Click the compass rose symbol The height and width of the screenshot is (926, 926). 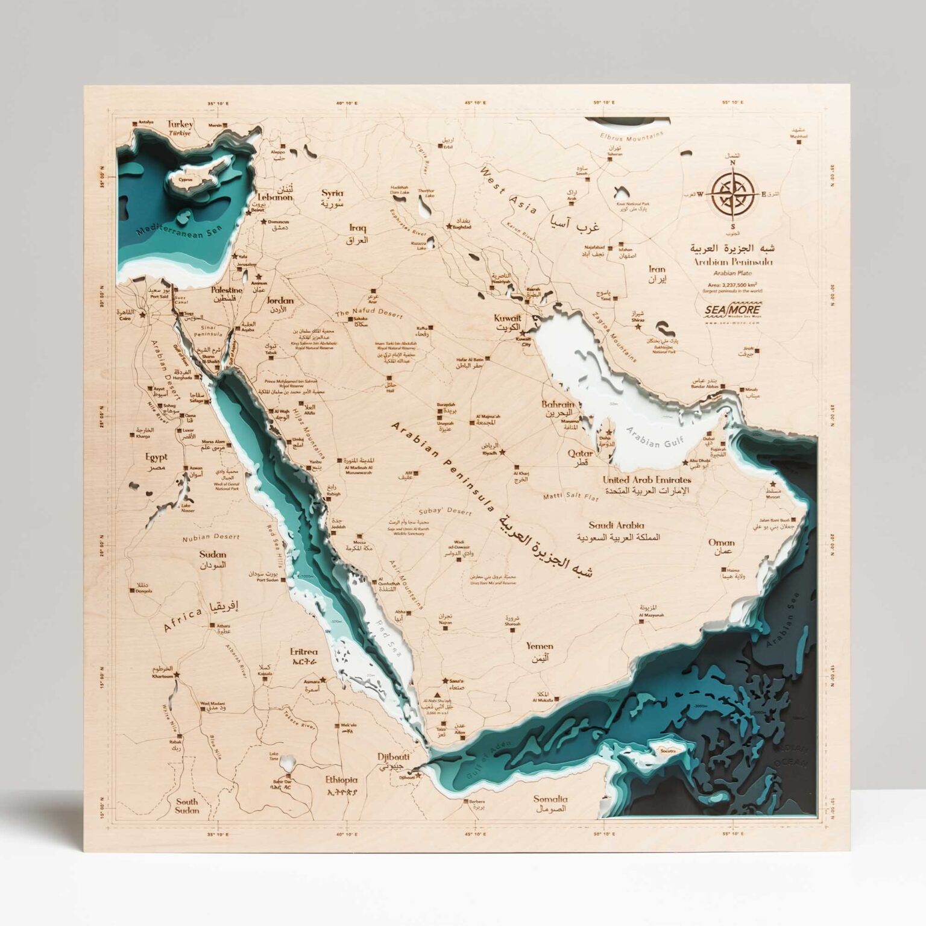[x=732, y=194]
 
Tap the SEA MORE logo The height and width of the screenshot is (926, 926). [x=731, y=309]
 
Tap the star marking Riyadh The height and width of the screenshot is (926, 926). [x=503, y=450]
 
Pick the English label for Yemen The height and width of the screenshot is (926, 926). [x=539, y=646]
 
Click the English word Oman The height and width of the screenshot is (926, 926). [x=720, y=542]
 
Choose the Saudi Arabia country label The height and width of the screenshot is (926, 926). [x=616, y=525]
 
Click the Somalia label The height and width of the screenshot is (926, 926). [x=550, y=799]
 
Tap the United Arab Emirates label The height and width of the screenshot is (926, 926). [x=647, y=480]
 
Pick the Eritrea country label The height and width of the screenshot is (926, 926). [x=303, y=652]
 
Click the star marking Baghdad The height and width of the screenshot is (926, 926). [x=449, y=227]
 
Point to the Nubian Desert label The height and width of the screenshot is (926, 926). [x=211, y=536]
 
